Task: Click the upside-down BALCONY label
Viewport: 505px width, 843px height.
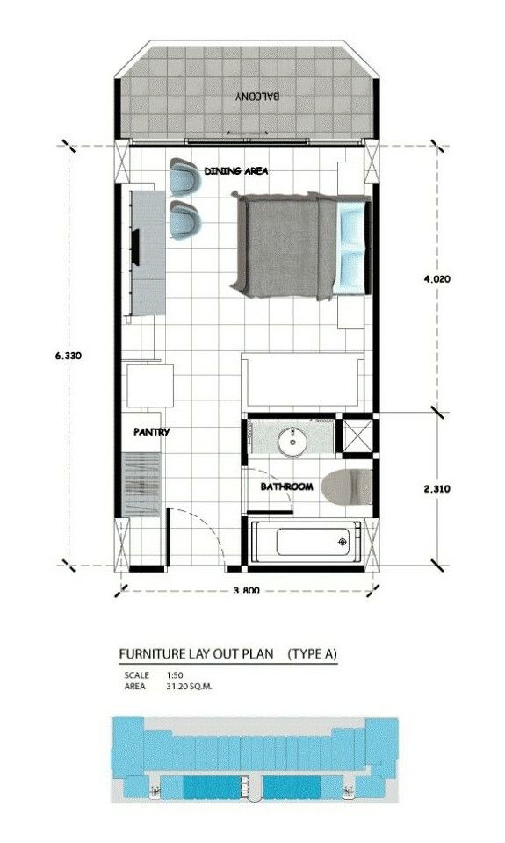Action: coord(257,97)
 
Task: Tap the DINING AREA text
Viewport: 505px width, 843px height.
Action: coord(236,171)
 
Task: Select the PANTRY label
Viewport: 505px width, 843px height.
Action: coord(152,431)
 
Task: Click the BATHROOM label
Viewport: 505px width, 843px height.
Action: coord(286,486)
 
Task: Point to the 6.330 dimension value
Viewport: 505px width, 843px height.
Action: coord(69,356)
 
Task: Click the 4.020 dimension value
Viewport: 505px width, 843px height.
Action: coord(437,279)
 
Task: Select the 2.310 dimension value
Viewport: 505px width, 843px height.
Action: coord(437,489)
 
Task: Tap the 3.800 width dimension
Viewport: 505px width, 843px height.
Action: coord(247,590)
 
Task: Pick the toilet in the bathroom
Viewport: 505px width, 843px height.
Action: coord(346,486)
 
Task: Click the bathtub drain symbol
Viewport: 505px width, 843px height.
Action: coord(343,542)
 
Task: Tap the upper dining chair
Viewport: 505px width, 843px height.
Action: coord(184,177)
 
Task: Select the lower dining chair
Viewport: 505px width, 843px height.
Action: coord(184,219)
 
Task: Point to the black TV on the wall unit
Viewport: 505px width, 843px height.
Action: coord(136,247)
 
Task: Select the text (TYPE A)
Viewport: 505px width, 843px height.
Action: coord(313,654)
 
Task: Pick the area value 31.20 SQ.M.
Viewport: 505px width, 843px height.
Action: coord(190,687)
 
